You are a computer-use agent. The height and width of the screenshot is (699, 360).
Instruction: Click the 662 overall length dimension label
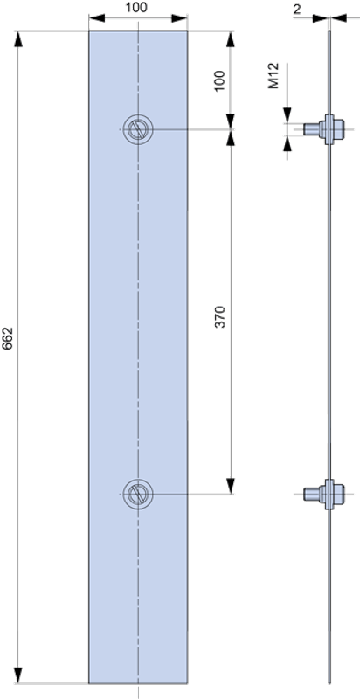(x=9, y=338)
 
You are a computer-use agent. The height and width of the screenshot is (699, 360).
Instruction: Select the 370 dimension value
(x=220, y=317)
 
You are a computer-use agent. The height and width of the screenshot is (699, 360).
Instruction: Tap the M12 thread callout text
(x=273, y=76)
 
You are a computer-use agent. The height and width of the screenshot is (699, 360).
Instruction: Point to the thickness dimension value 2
(x=297, y=10)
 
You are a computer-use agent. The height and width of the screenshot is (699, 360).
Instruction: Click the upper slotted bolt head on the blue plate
(x=138, y=129)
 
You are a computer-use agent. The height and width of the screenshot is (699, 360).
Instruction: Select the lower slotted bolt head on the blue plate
(x=138, y=494)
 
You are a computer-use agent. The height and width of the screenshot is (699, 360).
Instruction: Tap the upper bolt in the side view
(x=324, y=129)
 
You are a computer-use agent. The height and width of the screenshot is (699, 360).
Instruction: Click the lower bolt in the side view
(x=324, y=494)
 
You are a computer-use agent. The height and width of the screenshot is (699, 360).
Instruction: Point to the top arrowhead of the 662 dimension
(x=17, y=38)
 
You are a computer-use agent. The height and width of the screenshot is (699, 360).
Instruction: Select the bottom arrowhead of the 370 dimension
(x=231, y=486)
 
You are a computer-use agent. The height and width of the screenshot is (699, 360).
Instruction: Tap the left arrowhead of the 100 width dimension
(x=97, y=18)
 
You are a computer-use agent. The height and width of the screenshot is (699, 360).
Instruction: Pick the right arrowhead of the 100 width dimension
(x=179, y=18)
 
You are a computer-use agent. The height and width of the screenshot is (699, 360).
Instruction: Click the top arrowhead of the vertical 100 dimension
(x=231, y=38)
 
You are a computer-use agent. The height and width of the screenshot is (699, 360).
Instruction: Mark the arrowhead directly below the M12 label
(x=287, y=114)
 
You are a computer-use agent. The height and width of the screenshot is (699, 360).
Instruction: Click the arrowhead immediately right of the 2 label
(x=321, y=18)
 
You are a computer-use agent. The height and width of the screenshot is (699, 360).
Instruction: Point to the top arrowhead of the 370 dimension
(x=231, y=138)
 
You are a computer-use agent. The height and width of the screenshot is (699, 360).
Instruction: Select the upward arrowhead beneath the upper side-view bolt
(x=287, y=143)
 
